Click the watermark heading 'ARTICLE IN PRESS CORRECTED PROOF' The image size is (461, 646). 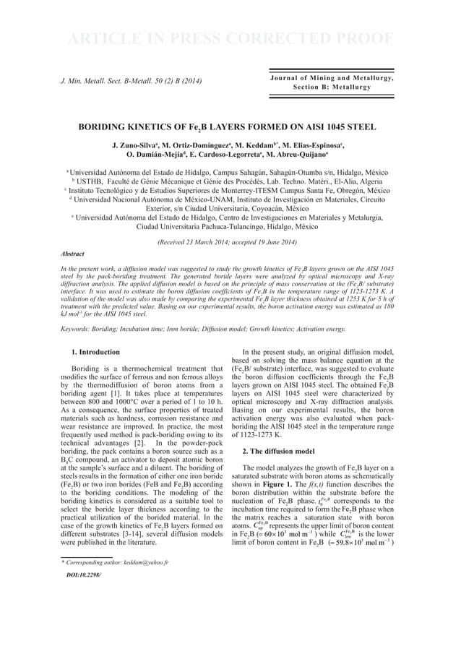[230, 38]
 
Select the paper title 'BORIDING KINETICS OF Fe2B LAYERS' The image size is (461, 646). [231, 127]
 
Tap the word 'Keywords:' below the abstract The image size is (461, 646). [74, 330]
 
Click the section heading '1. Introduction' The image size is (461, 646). [96, 352]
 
